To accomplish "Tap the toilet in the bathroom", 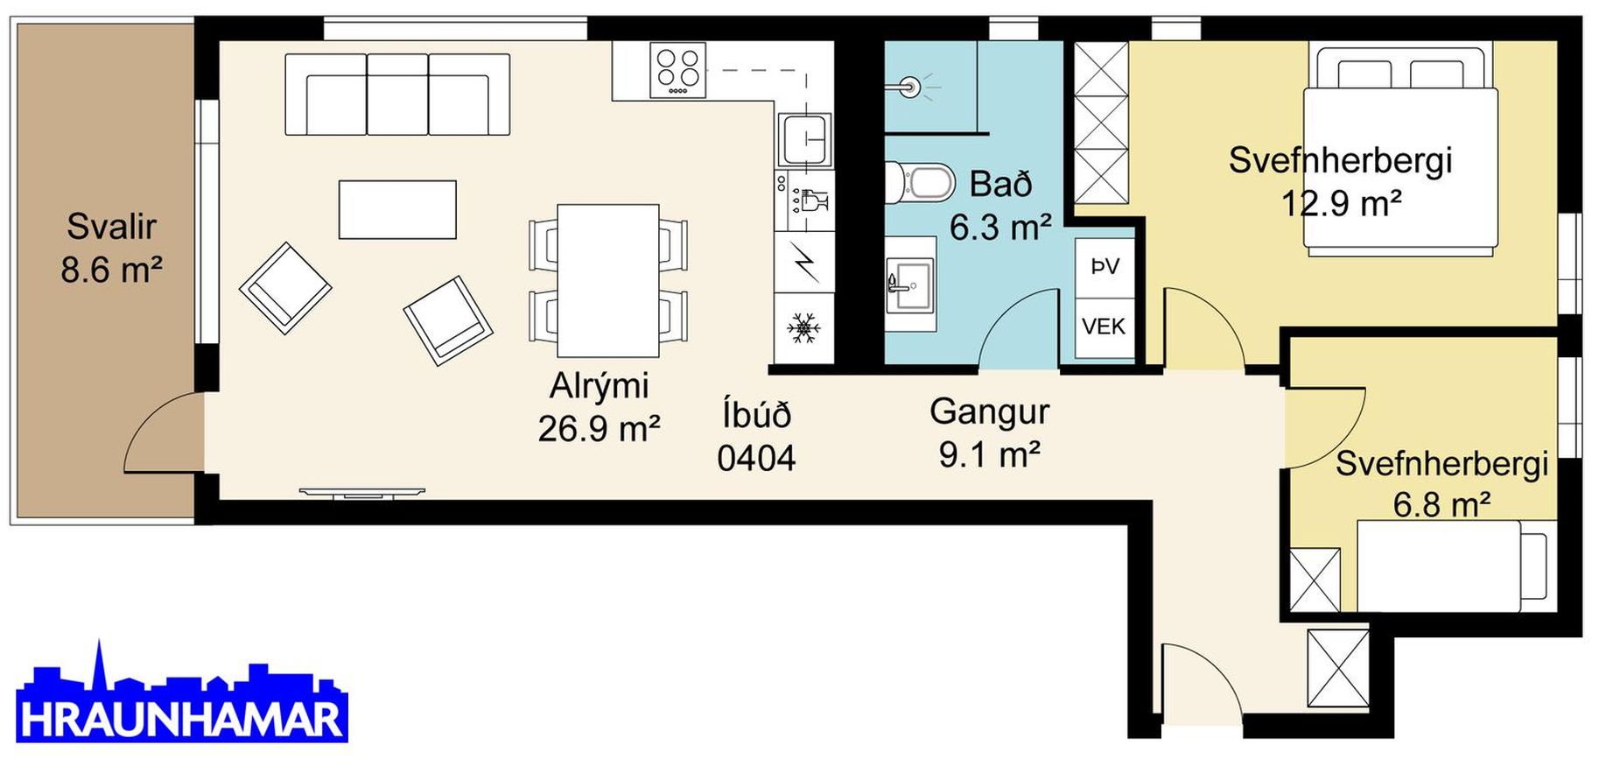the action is [921, 183].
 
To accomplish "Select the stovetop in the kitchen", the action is [677, 70].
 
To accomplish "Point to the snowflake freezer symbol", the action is [803, 328].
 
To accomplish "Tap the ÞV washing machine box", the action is [1105, 266].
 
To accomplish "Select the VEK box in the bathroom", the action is [1105, 327].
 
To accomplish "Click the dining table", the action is [608, 280].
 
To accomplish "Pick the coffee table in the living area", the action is [397, 209].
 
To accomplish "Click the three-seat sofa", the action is [397, 95].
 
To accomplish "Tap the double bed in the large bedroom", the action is [1400, 151].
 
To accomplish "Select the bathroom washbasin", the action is [910, 283].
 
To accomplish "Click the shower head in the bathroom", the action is [910, 87].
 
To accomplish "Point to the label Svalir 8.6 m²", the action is [111, 248].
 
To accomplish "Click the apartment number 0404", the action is [756, 458].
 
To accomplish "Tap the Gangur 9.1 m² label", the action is [990, 432].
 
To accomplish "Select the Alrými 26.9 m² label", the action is [600, 407].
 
